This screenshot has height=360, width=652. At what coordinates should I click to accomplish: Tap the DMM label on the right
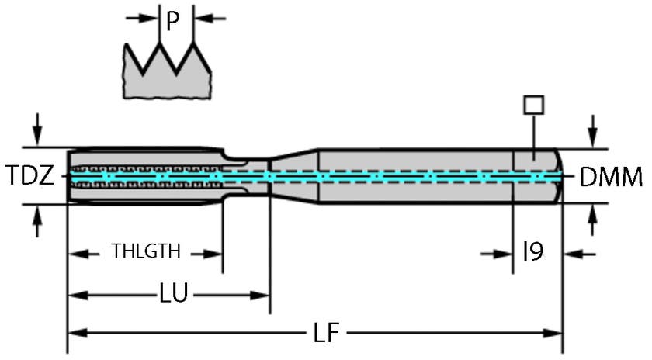(x=612, y=178)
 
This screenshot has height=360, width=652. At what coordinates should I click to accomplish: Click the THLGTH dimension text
(x=146, y=251)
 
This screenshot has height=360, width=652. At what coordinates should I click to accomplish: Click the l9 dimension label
(x=532, y=251)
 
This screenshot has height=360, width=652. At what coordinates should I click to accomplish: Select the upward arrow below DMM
(x=593, y=223)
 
